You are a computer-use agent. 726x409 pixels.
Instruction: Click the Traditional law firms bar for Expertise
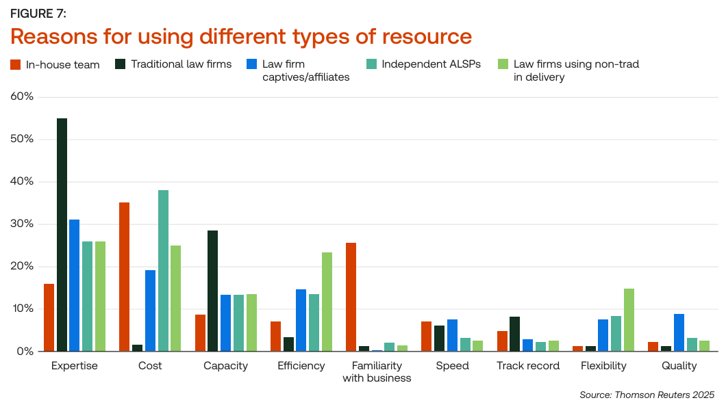pyautogui.click(x=62, y=235)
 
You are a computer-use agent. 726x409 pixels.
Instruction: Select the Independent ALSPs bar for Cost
pyautogui.click(x=163, y=271)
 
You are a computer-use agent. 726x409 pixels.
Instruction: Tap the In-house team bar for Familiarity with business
pyautogui.click(x=351, y=297)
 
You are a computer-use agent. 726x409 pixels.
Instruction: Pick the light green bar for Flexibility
pyautogui.click(x=629, y=320)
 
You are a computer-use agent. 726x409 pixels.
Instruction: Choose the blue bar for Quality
pyautogui.click(x=678, y=332)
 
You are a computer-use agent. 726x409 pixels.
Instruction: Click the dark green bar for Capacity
pyautogui.click(x=213, y=291)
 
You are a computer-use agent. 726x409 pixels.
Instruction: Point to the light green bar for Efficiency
pyautogui.click(x=327, y=302)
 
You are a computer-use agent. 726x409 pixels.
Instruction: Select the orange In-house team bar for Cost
pyautogui.click(x=124, y=277)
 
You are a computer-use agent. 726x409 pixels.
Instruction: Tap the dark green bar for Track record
pyautogui.click(x=514, y=334)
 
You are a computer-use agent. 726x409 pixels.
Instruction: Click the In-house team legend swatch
pyautogui.click(x=15, y=65)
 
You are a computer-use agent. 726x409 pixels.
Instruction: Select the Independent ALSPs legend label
pyautogui.click(x=431, y=64)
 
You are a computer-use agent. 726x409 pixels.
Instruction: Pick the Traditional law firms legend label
pyautogui.click(x=181, y=64)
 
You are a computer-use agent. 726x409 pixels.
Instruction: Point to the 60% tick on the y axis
pyautogui.click(x=22, y=96)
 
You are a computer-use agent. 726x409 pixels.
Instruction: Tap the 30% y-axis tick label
pyautogui.click(x=22, y=224)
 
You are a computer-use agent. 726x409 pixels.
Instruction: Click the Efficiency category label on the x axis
pyautogui.click(x=301, y=366)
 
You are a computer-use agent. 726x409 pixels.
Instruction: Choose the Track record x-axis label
pyautogui.click(x=528, y=366)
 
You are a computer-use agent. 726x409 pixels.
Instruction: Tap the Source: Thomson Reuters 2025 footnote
pyautogui.click(x=647, y=395)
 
